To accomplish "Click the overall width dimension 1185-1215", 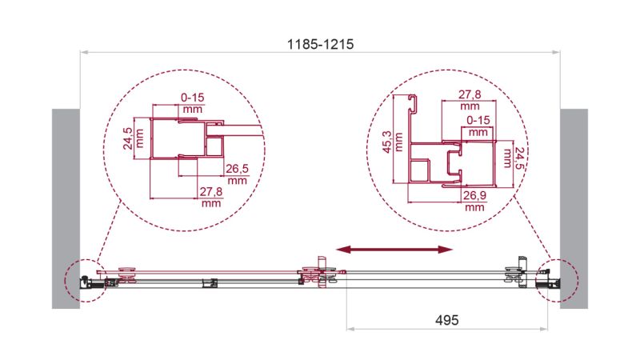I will pyautogui.click(x=320, y=46).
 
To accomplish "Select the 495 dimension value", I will pyautogui.click(x=446, y=318).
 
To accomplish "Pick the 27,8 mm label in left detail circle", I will pyautogui.click(x=211, y=197).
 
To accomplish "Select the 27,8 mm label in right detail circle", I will pyautogui.click(x=470, y=99).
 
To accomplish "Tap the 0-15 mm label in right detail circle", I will pyautogui.click(x=478, y=126).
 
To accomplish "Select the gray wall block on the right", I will pyautogui.click(x=574, y=208).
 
